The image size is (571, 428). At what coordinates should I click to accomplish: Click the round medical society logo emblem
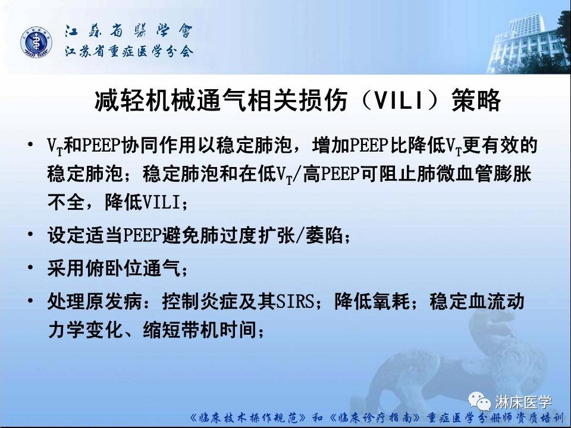pos(37,43)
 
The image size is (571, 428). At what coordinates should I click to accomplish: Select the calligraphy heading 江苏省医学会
pos(128,32)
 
